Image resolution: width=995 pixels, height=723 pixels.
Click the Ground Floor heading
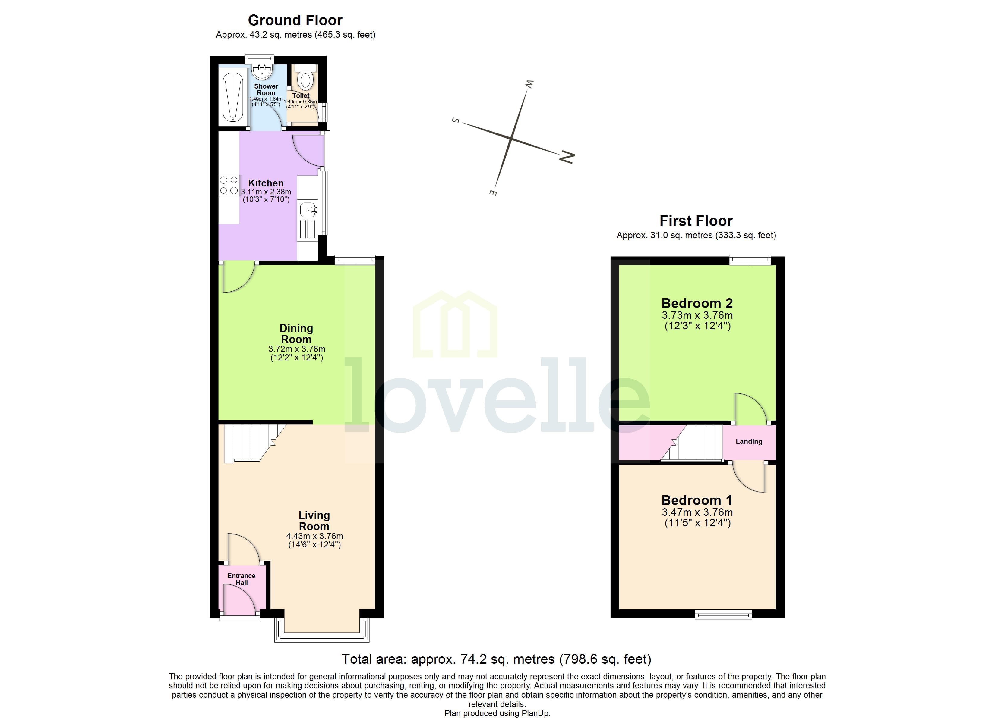point(295,20)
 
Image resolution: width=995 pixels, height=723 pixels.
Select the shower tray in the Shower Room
point(233,96)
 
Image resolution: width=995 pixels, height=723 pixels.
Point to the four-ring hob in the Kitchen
point(229,185)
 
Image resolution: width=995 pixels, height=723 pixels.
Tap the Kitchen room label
point(266,183)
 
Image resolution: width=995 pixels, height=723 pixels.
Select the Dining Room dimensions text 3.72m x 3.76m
point(297,349)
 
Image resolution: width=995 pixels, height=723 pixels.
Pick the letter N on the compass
point(567,157)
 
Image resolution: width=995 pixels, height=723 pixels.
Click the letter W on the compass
point(529,84)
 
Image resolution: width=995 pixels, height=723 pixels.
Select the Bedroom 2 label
point(697,303)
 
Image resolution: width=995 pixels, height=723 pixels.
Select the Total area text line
point(496,659)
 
